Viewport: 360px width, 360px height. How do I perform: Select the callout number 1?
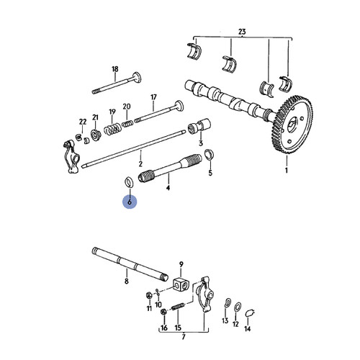[286, 172]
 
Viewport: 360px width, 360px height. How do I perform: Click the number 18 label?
[114, 69]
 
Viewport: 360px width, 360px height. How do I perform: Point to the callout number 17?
[153, 97]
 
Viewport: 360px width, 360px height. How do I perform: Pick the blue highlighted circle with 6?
[130, 203]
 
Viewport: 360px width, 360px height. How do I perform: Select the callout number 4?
[168, 189]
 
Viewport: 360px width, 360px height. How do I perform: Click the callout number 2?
[141, 154]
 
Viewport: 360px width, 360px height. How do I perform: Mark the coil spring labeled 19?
[112, 131]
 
